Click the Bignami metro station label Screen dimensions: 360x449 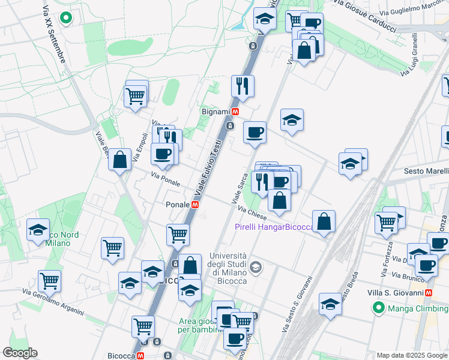215,112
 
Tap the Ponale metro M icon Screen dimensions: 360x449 195,205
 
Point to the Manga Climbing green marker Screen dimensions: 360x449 379,308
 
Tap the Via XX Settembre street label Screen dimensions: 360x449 54,36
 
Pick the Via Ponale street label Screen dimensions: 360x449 166,178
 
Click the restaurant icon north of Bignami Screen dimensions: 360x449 243,86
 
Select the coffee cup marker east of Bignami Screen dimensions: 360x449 255,132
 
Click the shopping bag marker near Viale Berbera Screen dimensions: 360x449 120,160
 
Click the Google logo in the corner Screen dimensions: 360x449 20,353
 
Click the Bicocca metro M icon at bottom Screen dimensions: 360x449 140,356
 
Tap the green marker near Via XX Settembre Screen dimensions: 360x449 67,18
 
